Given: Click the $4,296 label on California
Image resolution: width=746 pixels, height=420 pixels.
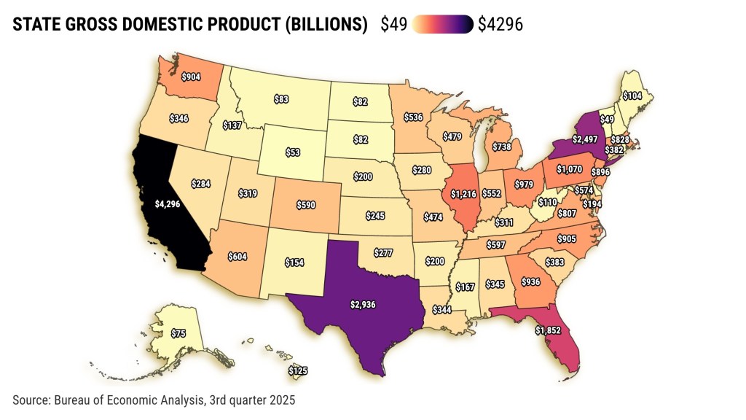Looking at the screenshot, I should pos(167,205).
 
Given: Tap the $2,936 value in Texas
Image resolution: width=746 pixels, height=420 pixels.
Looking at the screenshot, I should pos(362,304).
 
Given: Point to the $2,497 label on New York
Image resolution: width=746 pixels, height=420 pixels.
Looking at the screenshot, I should pos(586,139).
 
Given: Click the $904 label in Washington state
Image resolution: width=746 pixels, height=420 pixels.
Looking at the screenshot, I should pos(192,76).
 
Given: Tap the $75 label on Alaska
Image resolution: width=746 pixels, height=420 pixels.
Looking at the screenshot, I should pos(178,333).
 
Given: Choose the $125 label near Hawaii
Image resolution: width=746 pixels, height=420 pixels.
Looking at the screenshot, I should pos(298,371).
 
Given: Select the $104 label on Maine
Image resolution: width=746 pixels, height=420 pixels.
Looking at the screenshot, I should pos(632,96).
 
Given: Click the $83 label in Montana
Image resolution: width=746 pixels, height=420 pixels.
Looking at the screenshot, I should pos(282,98).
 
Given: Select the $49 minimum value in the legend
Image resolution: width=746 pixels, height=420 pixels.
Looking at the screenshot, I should pos(394,25).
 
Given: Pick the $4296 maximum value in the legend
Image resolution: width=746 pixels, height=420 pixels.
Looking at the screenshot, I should pos(500,25).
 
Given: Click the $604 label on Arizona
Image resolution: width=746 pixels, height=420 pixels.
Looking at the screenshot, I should pos(237,256).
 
